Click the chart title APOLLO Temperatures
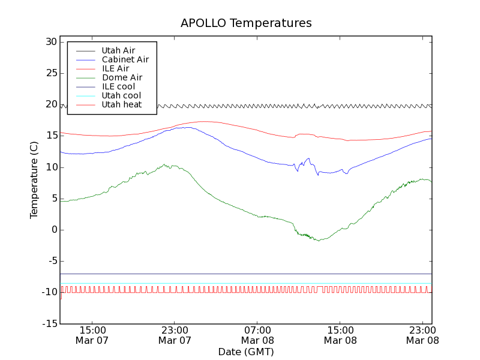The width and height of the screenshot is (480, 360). click(246, 23)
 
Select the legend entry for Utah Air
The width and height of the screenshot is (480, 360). click(118, 50)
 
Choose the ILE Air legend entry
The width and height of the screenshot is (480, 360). click(115, 68)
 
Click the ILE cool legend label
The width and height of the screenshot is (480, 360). click(118, 86)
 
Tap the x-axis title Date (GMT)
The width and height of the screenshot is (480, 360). click(246, 352)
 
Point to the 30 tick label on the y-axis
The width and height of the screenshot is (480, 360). click(50, 42)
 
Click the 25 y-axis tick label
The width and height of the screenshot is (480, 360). click(50, 73)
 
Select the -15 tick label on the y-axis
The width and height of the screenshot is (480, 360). click(49, 323)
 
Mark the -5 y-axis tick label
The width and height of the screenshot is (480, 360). click(50, 261)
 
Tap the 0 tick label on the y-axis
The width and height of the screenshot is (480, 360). click(54, 230)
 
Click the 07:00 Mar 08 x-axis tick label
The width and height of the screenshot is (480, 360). click(258, 335)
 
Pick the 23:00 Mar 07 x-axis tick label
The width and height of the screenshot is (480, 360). click(175, 335)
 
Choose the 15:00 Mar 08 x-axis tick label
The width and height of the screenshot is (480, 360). click(340, 335)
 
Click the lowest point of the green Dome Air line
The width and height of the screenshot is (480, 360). click(319, 241)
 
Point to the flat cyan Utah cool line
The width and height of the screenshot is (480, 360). click(240, 283)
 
